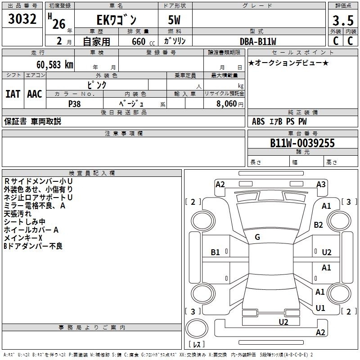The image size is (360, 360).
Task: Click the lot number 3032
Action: pyautogui.click(x=22, y=19)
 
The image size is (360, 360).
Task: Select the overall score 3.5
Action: pyautogui.click(x=343, y=21)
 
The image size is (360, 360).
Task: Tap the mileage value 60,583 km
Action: pyautogui.click(x=55, y=65)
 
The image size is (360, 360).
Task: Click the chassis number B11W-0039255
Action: pyautogui.click(x=302, y=143)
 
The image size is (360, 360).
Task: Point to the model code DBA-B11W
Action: pyautogui.click(x=258, y=41)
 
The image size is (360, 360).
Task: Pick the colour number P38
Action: pyautogui.click(x=74, y=104)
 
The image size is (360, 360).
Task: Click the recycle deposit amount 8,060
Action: pyautogui.click(x=226, y=104)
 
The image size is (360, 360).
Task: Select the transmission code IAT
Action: pyautogui.click(x=13, y=94)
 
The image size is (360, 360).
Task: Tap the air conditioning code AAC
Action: pyautogui.click(x=35, y=94)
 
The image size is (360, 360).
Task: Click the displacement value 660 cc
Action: pyautogui.click(x=143, y=41)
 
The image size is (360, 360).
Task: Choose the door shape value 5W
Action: pyautogui.click(x=174, y=20)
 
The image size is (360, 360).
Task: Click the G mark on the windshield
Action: pyautogui.click(x=257, y=237)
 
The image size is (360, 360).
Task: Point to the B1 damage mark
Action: pyautogui.click(x=216, y=252)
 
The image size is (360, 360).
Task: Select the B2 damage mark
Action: pyautogui.click(x=318, y=225)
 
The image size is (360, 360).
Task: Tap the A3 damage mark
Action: pyautogui.click(x=321, y=184)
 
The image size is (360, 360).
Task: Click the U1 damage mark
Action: pyautogui.click(x=320, y=308)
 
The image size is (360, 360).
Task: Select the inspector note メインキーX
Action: pyautogui.click(x=23, y=238)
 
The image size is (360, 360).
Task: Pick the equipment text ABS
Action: pyautogui.click(x=258, y=121)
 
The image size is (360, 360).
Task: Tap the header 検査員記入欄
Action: pyautogui.click(x=92, y=173)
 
